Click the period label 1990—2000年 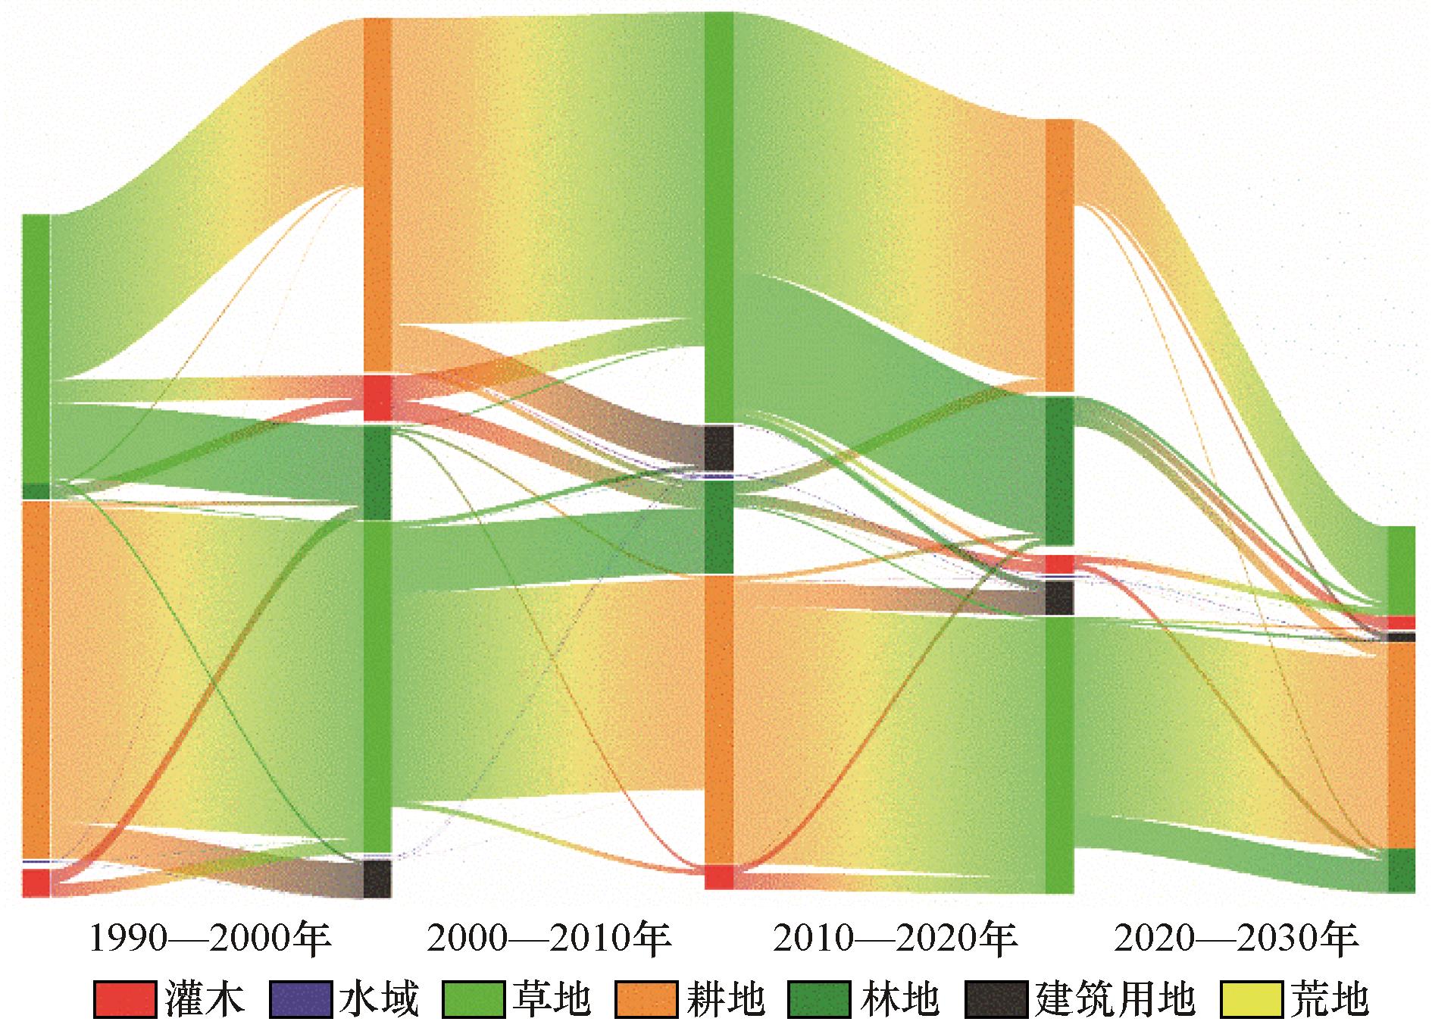point(211,940)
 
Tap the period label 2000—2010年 point(549,940)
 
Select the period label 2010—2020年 point(895,940)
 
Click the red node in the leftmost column point(36,882)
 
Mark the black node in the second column point(377,878)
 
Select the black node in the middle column point(719,448)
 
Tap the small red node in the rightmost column point(1401,622)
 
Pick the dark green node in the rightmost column point(1401,870)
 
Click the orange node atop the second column point(377,195)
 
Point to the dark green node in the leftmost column point(36,490)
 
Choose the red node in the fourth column point(1059,564)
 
